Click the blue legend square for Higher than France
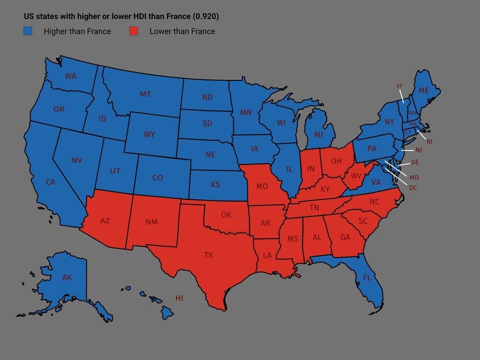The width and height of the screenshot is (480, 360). (28, 31)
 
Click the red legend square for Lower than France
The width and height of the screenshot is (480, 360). (133, 31)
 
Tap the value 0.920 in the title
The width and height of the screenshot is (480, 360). (206, 16)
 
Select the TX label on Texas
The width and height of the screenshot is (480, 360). (208, 255)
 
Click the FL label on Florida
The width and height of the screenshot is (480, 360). (367, 278)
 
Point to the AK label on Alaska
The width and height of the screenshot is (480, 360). (67, 278)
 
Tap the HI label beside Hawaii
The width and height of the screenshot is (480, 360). (179, 298)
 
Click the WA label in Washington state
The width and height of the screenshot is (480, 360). (71, 76)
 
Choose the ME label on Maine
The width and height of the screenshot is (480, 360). (424, 90)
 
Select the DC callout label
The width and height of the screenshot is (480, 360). (413, 188)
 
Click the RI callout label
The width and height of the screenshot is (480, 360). (429, 142)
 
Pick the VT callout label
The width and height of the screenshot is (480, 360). (399, 86)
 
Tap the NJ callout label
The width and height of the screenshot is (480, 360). (418, 150)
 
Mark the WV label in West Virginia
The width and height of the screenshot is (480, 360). (356, 176)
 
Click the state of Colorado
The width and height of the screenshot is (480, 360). (158, 177)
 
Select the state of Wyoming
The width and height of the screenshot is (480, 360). (149, 134)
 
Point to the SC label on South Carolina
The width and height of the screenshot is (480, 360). (363, 221)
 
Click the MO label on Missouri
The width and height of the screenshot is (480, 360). (262, 186)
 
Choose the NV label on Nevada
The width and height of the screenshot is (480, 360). (77, 160)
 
